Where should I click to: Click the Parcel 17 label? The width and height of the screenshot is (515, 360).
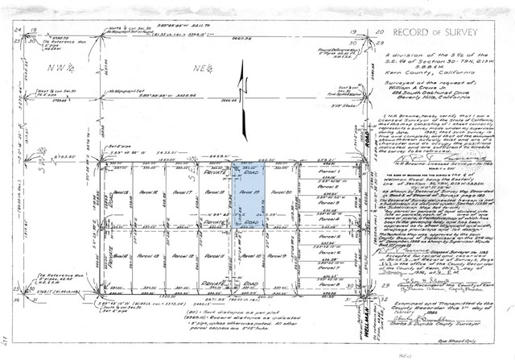coord(182,193)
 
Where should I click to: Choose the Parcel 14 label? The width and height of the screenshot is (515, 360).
coord(120,255)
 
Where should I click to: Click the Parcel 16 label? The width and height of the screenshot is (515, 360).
coord(150,193)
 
